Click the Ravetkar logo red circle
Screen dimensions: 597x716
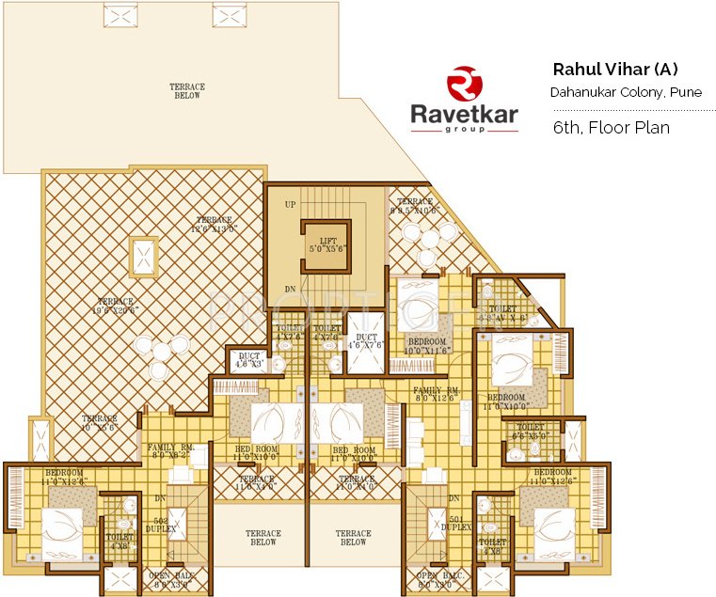pos(463,82)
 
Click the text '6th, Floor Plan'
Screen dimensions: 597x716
pos(611,128)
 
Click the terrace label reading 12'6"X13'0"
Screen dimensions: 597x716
pos(214,223)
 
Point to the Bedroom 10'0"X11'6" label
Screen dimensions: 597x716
pos(426,345)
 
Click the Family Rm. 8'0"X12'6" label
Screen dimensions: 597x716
pos(437,394)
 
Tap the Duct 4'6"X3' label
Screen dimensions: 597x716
pos(249,359)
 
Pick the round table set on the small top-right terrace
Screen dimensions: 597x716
pos(426,236)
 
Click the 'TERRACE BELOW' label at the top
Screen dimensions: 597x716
pos(187,91)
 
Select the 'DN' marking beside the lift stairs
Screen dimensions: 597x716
pos(290,289)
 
